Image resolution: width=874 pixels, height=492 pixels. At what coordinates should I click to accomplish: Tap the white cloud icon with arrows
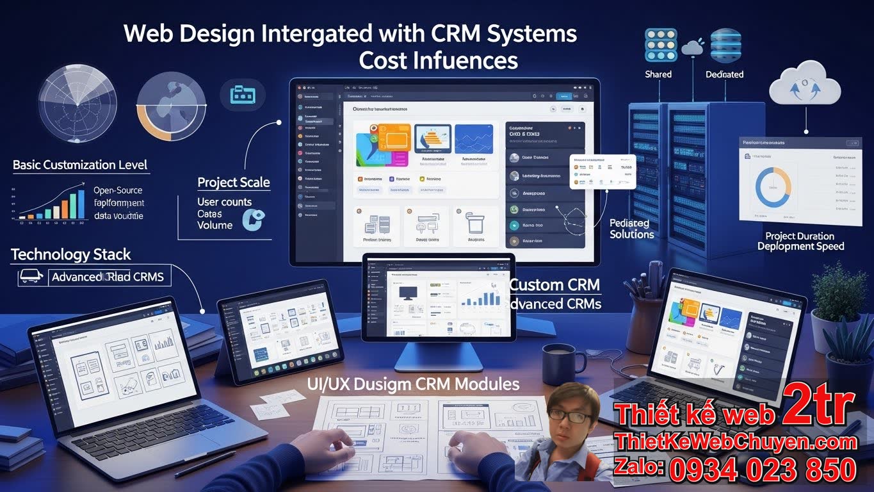(x=804, y=86)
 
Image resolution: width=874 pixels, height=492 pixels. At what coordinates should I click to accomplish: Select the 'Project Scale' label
(x=234, y=183)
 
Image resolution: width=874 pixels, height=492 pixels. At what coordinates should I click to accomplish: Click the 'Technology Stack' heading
(x=71, y=254)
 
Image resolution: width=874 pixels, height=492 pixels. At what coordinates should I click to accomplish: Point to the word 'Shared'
(x=658, y=74)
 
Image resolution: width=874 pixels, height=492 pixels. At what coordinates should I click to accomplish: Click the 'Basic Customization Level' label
(x=80, y=165)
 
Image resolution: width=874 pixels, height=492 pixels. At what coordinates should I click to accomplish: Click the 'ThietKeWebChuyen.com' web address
(x=735, y=441)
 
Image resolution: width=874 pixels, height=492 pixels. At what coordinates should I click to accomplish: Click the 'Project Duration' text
(x=800, y=236)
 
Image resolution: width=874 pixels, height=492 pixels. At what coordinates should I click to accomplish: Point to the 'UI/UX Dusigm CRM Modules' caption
(x=413, y=384)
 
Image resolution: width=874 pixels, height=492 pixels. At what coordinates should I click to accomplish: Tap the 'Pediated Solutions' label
(x=631, y=229)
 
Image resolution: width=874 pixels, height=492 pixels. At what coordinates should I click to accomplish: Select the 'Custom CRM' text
(x=555, y=284)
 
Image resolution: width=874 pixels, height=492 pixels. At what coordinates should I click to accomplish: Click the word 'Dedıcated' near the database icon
(x=724, y=74)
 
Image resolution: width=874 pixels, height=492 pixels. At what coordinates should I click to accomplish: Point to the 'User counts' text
(x=224, y=202)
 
